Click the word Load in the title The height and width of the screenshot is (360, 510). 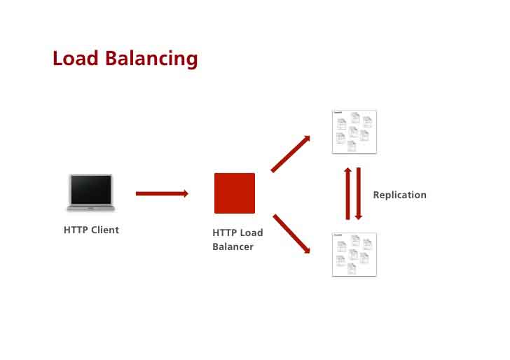pos(76,58)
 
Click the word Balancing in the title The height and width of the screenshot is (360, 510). pos(152,60)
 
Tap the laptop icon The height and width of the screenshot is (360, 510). pos(90,192)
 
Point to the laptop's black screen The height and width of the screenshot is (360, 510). pos(90,189)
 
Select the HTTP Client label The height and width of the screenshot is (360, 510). pos(91,230)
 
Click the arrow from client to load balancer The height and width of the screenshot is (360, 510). pos(162,193)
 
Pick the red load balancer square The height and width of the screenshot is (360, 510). pos(235,193)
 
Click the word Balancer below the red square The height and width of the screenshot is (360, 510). pos(233,247)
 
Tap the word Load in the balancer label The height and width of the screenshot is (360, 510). pos(251,233)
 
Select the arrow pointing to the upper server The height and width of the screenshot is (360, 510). pos(290,153)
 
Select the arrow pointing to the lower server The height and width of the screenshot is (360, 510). pos(291,234)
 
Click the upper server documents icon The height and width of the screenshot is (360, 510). pos(354,132)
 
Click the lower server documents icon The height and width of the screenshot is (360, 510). pos(354,254)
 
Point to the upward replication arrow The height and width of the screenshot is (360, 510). pos(347,193)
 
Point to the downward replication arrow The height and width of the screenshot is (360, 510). pos(359,193)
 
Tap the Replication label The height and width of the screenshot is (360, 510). pos(399,195)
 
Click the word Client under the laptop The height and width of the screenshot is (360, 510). pos(105,230)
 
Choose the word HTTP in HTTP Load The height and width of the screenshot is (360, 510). pos(225,233)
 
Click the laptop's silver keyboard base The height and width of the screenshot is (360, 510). pos(90,207)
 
